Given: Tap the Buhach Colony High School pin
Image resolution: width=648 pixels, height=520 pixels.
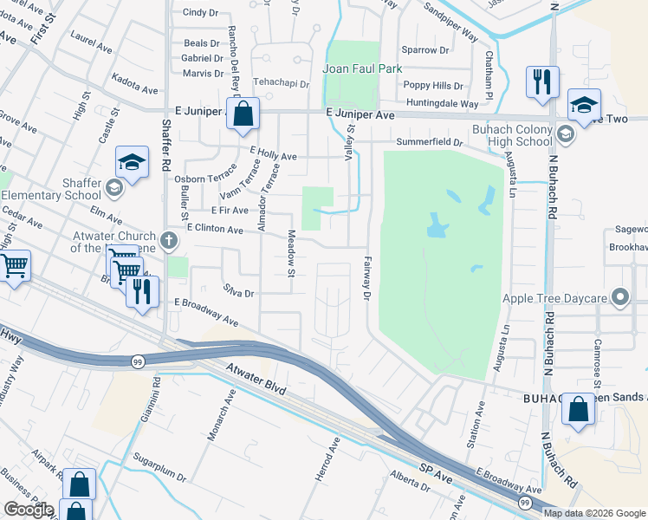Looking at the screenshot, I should (565, 133).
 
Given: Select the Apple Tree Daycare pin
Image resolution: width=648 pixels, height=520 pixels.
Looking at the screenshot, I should (619, 298).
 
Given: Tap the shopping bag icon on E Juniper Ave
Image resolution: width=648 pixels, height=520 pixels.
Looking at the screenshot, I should (243, 113).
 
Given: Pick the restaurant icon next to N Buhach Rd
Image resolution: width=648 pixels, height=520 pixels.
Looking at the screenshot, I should (542, 82).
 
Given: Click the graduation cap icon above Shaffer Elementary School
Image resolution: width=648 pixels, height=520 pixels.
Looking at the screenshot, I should (132, 162).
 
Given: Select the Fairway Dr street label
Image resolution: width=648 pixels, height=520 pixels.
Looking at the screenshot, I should (367, 283).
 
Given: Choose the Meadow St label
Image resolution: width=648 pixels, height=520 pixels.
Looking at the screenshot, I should (292, 255).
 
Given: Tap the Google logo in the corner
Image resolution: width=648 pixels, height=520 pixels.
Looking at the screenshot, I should (29, 510).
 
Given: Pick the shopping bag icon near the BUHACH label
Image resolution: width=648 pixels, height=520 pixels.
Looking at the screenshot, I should (578, 409).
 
